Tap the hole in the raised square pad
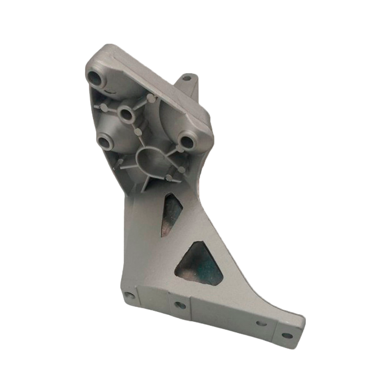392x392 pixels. pyautogui.click(x=179, y=305)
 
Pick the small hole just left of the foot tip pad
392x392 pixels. pyautogui.click(x=261, y=323)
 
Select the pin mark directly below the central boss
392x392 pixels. pyautogui.click(x=138, y=132)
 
